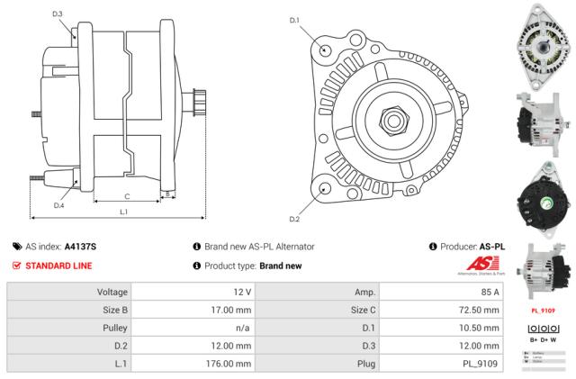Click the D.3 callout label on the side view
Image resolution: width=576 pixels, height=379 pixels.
click(x=58, y=14)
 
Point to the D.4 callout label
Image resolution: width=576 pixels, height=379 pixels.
click(x=58, y=205)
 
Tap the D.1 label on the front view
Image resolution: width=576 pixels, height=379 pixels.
click(x=293, y=20)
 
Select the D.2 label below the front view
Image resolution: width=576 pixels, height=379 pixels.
click(x=293, y=219)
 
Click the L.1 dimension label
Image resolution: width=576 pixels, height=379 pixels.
click(x=122, y=212)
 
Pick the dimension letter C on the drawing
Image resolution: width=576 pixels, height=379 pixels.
click(x=127, y=195)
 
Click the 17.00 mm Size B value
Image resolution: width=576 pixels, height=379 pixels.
click(x=232, y=311)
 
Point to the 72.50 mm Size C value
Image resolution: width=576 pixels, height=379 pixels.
click(x=479, y=311)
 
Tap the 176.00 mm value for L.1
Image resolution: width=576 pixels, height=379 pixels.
click(x=229, y=363)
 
